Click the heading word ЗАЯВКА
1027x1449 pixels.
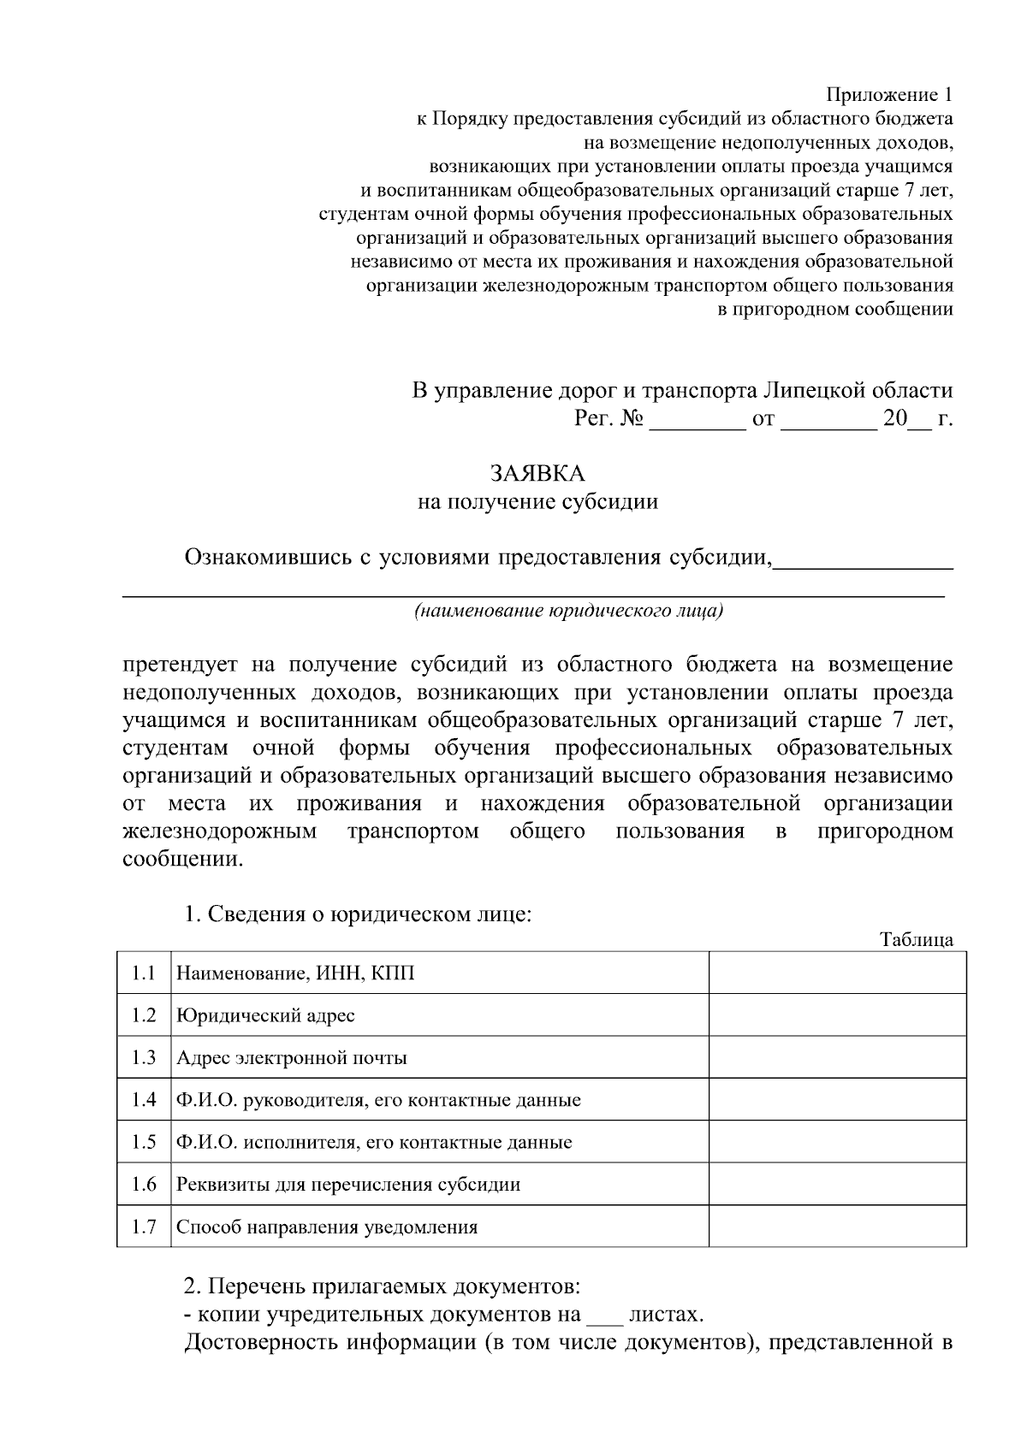click(x=537, y=472)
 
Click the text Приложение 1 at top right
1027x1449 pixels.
click(x=889, y=93)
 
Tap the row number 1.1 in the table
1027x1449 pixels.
click(x=144, y=973)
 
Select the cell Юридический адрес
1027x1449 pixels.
click(x=265, y=1015)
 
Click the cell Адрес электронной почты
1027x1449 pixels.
click(x=291, y=1057)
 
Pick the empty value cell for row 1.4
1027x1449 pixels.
click(x=837, y=1099)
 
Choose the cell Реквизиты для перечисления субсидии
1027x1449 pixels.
click(x=347, y=1184)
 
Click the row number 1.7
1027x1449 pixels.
click(x=144, y=1227)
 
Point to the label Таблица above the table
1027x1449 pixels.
click(x=917, y=939)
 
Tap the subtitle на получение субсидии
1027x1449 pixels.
click(x=537, y=501)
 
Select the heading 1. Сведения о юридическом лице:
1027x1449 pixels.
click(x=359, y=914)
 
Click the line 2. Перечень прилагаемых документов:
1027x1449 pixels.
click(x=383, y=1286)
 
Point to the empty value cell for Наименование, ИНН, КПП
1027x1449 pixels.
click(x=837, y=973)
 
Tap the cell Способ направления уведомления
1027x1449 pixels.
click(x=326, y=1227)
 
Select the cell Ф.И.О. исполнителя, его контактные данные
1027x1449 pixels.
click(x=373, y=1142)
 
